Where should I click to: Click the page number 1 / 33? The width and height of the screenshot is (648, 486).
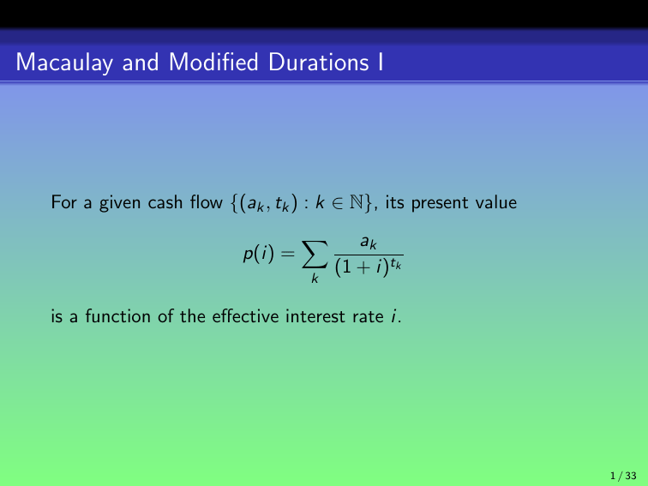tap(622, 475)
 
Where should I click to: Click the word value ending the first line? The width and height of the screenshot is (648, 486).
tap(498, 203)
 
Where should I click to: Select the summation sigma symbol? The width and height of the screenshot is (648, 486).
tap(314, 255)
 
